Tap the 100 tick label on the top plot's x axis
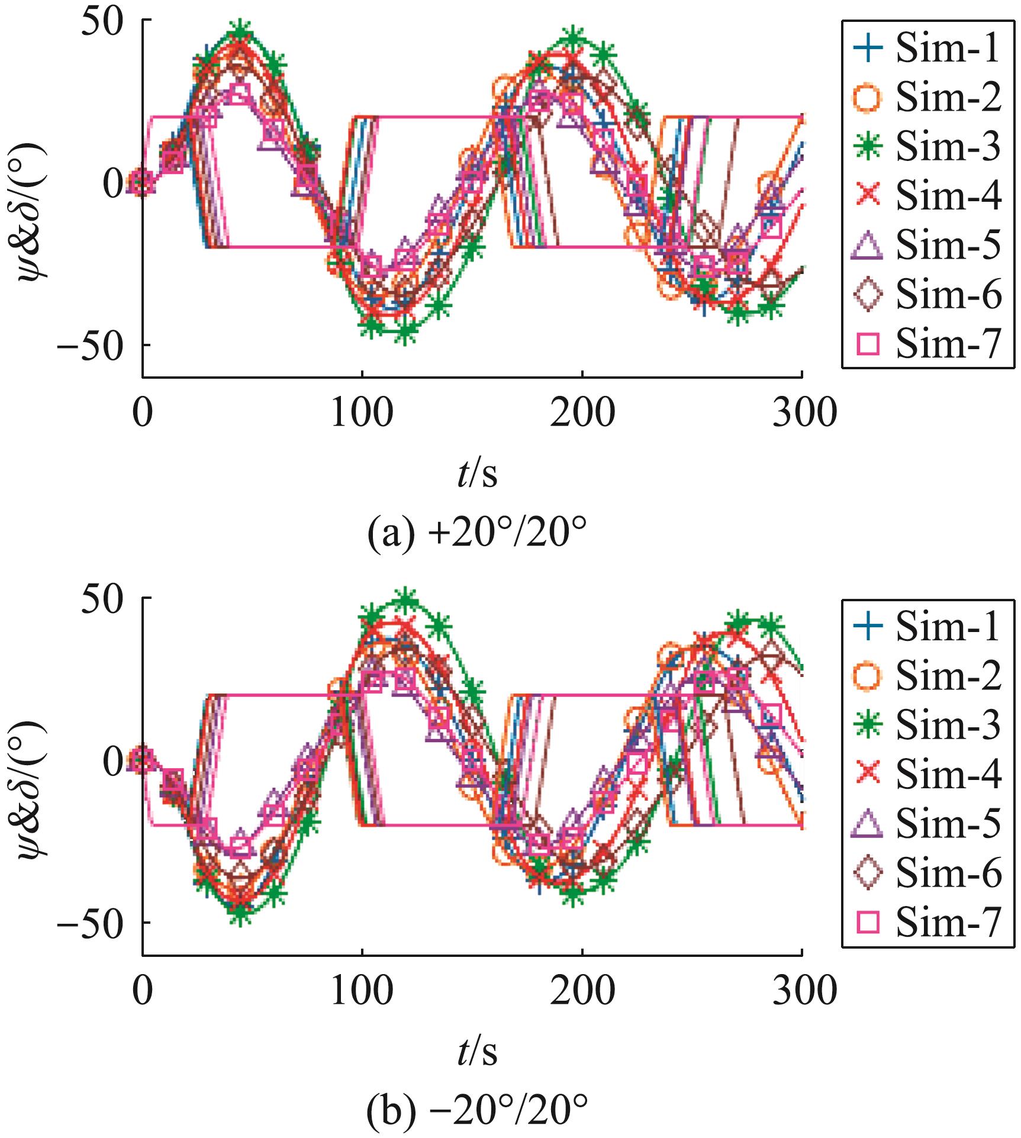tap(362, 414)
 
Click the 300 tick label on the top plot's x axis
tap(802, 414)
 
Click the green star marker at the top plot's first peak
tap(240, 30)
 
